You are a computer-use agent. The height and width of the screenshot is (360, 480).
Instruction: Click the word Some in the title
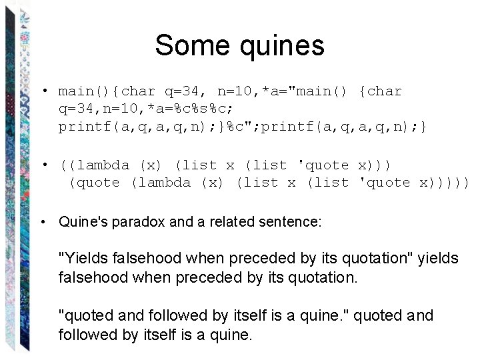[189, 46]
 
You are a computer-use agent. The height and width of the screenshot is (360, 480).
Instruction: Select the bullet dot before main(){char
[43, 91]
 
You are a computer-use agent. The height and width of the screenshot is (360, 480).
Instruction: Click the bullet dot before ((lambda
[43, 165]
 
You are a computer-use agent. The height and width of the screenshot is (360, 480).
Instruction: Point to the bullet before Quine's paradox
[43, 222]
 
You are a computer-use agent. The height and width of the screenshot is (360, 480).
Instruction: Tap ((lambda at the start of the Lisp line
[94, 165]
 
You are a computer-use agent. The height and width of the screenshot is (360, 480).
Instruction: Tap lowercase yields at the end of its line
[438, 258]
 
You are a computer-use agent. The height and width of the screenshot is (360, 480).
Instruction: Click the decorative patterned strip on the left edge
[20, 180]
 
